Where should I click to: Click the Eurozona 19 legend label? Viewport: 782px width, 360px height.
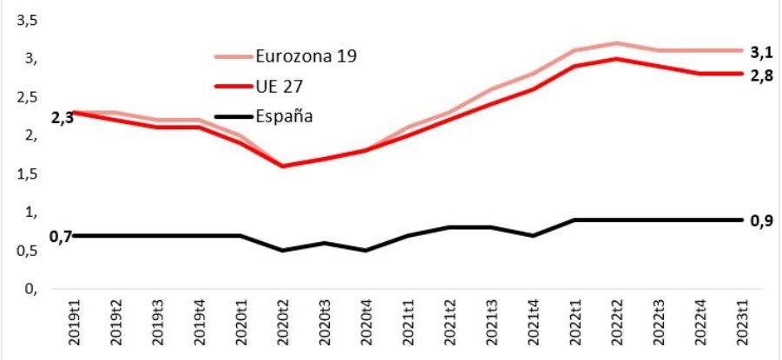coord(306,56)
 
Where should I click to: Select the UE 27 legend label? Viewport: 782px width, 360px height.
coord(280,87)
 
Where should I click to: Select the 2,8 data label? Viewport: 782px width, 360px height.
coord(761,77)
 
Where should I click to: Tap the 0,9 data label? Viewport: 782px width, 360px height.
coord(761,219)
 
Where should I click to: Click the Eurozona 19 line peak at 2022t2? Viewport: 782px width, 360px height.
coord(614,43)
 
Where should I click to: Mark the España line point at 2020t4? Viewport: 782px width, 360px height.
coord(365,251)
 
